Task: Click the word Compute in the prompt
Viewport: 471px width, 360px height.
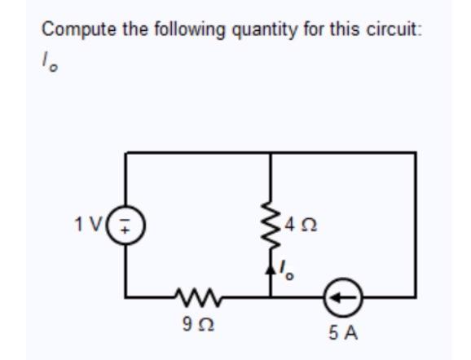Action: [x=71, y=30]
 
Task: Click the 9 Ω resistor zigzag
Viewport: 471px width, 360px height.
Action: [x=191, y=297]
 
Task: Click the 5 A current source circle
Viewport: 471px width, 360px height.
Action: [x=343, y=297]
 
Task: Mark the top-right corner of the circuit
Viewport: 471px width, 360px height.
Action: [x=416, y=153]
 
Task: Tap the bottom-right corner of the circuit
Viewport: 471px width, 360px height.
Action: [x=416, y=297]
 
